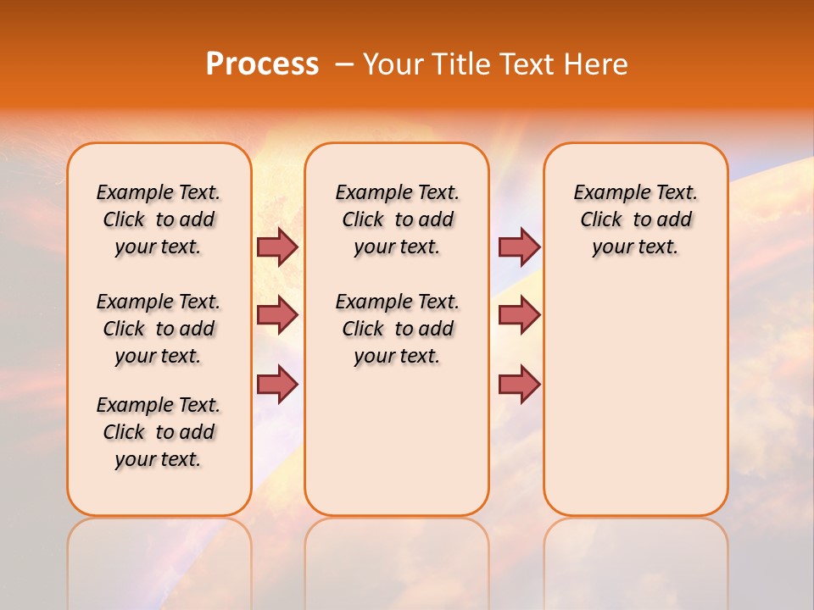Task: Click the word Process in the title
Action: [262, 64]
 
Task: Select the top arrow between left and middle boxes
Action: [277, 247]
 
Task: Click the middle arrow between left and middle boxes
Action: [277, 315]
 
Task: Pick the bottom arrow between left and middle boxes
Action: [277, 384]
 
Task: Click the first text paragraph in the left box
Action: [159, 219]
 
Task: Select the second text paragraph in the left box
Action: [159, 329]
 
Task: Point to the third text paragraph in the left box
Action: [159, 432]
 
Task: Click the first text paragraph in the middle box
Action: [397, 219]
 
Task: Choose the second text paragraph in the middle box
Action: [397, 329]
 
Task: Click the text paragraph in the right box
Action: [635, 219]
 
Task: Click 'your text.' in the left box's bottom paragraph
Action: [159, 459]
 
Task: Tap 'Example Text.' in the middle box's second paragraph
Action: [397, 302]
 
